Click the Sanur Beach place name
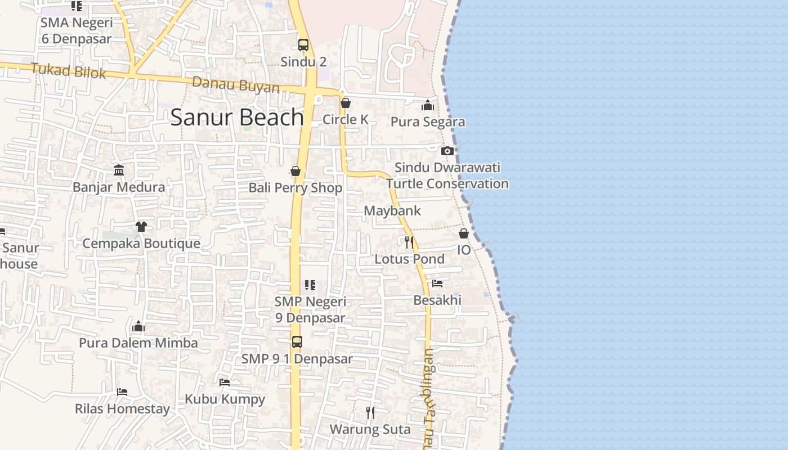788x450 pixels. (x=237, y=117)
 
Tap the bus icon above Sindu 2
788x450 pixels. (x=303, y=45)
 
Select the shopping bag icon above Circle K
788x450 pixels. (x=346, y=103)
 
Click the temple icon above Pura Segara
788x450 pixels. (x=428, y=105)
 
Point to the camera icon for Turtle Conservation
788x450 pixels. (x=447, y=151)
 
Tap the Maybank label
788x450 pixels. (x=392, y=211)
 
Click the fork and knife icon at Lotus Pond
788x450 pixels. (x=409, y=242)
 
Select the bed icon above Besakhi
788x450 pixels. (x=437, y=283)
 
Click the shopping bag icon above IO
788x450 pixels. (x=464, y=233)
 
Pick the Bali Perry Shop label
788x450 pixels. (x=295, y=188)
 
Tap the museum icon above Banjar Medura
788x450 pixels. (x=119, y=170)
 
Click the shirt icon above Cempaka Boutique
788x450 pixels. (x=141, y=226)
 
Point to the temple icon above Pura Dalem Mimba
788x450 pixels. (x=138, y=327)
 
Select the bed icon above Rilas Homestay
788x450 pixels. (x=122, y=392)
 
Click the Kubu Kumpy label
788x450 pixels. (x=225, y=399)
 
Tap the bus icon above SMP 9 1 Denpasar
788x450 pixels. (x=297, y=342)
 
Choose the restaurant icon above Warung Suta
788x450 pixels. (x=370, y=413)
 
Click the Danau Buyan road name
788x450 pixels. (x=236, y=85)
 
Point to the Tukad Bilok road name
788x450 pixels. (x=68, y=71)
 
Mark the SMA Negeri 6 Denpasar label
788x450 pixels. (x=77, y=31)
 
